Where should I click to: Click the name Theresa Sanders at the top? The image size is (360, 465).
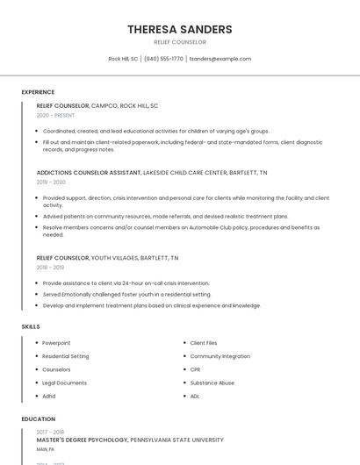180,29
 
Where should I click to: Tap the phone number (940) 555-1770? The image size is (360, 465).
163,59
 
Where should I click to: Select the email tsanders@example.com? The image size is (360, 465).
220,59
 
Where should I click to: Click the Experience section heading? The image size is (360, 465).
38,92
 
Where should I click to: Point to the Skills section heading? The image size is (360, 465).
31,326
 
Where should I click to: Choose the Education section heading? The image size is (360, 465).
39,419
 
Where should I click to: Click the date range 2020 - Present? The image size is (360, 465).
55,115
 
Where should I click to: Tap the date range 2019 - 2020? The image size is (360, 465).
51,182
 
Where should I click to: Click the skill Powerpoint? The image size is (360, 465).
56,343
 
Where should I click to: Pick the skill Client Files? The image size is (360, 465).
204,343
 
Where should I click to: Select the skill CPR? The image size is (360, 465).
196,369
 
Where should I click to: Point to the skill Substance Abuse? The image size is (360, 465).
212,383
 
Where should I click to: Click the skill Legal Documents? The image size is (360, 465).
64,383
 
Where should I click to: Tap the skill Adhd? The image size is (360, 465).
49,396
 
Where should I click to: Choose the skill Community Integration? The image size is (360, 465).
220,356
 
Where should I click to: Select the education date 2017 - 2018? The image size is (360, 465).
50,432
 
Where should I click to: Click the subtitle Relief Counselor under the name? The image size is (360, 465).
180,42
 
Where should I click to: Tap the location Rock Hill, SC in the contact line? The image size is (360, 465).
123,59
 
